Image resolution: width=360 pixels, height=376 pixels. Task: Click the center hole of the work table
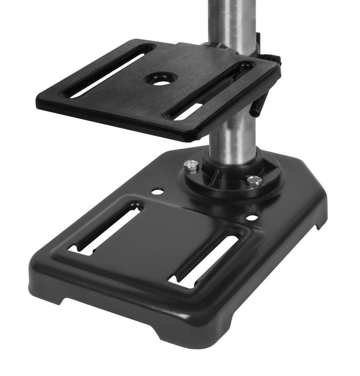160,80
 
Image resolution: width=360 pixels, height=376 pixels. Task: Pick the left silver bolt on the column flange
191,166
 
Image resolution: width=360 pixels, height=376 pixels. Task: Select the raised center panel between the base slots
156,240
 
